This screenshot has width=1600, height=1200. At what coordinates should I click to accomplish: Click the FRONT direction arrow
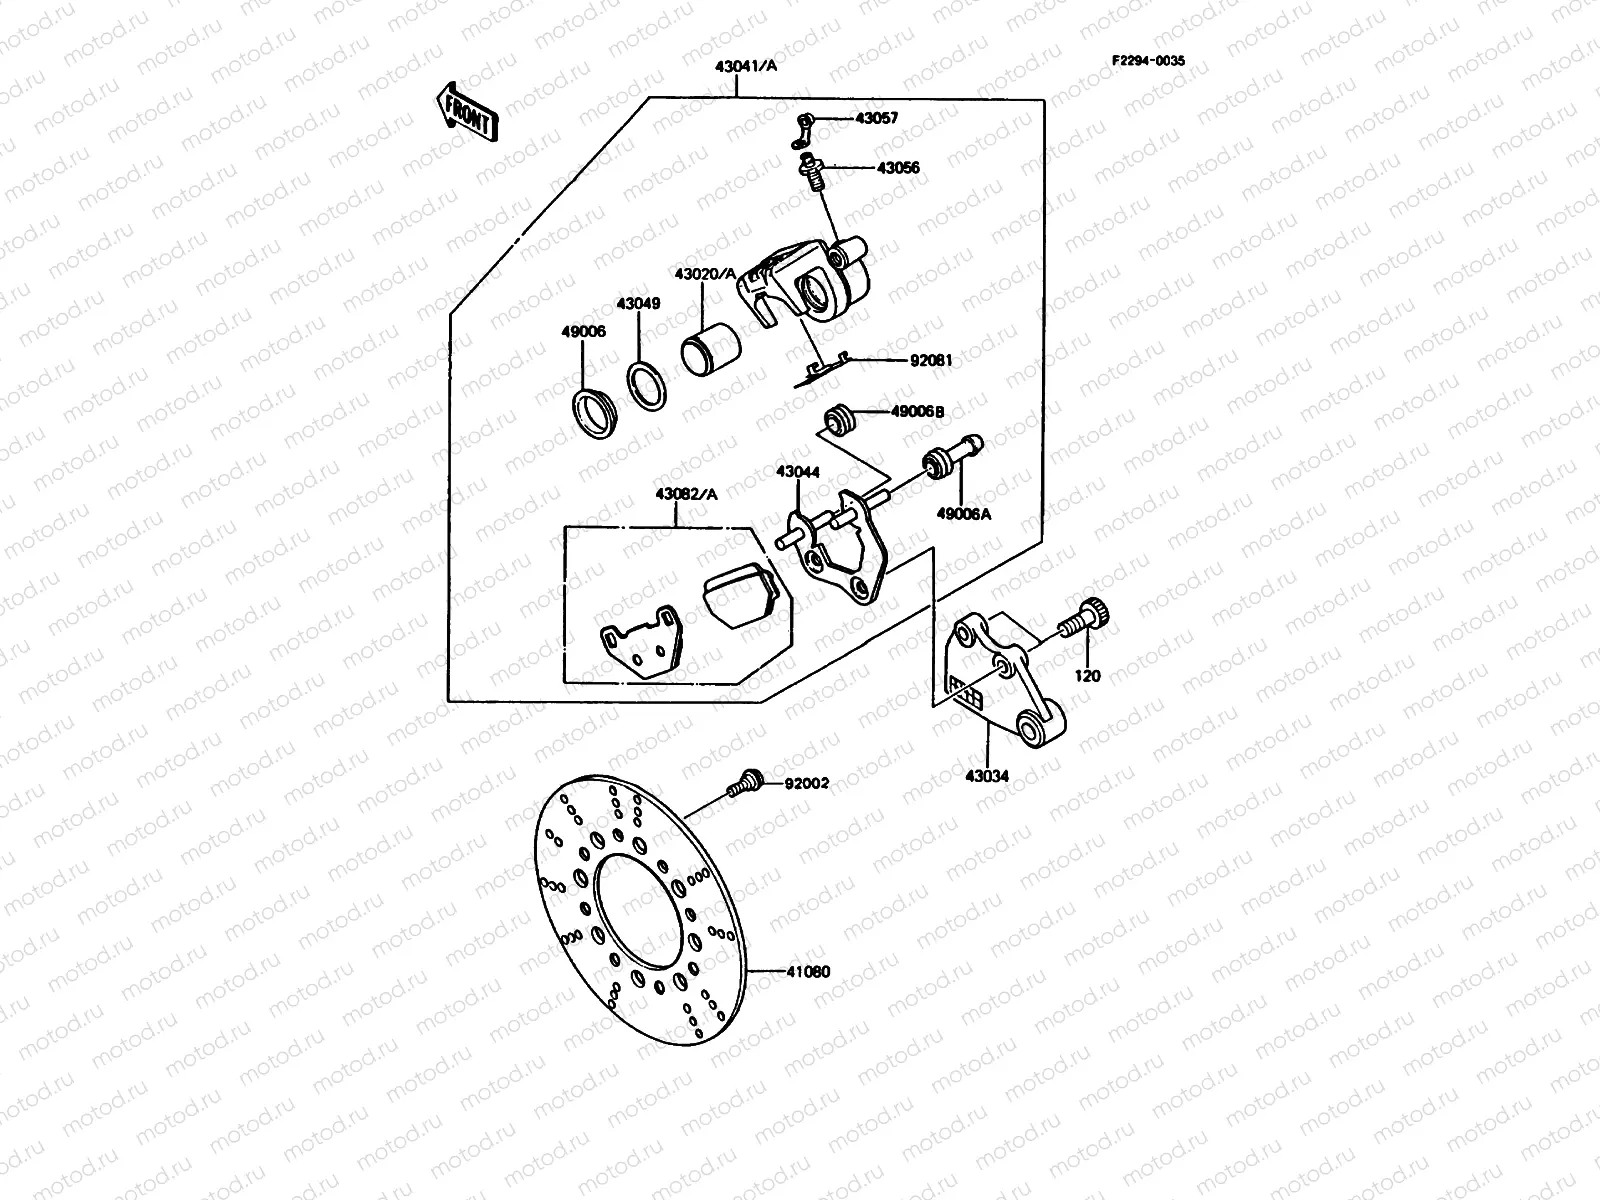[x=465, y=109]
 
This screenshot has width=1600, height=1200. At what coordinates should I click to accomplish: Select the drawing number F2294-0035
[x=1148, y=60]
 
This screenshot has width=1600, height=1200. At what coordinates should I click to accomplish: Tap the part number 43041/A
[x=738, y=68]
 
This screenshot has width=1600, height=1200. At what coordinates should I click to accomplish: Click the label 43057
[x=876, y=118]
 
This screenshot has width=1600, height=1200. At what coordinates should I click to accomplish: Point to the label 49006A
[x=962, y=514]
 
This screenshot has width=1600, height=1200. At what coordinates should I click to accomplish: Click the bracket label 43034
[x=987, y=776]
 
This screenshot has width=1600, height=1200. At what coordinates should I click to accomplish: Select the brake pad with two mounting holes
[x=639, y=647]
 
